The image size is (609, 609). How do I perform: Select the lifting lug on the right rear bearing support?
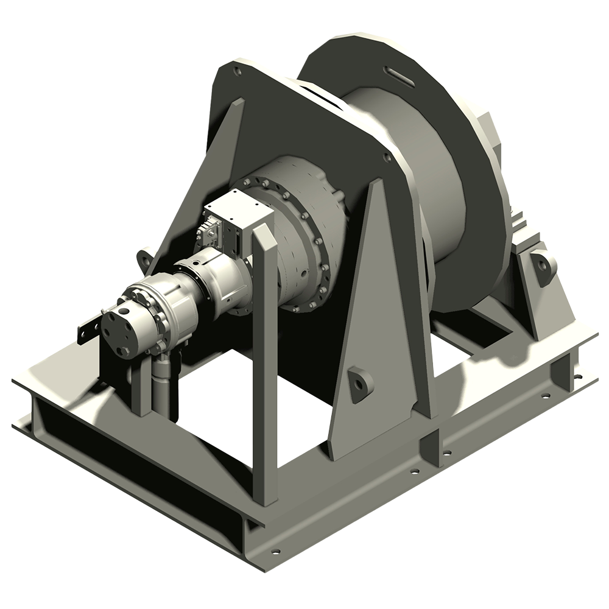[543, 267]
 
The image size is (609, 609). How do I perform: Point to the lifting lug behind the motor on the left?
[145, 259]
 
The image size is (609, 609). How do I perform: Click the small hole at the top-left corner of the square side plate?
[237, 72]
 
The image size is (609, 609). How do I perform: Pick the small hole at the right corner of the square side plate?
[387, 157]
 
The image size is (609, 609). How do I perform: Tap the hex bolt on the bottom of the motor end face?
[125, 351]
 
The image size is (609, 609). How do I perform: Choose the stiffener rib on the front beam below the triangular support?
[431, 448]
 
